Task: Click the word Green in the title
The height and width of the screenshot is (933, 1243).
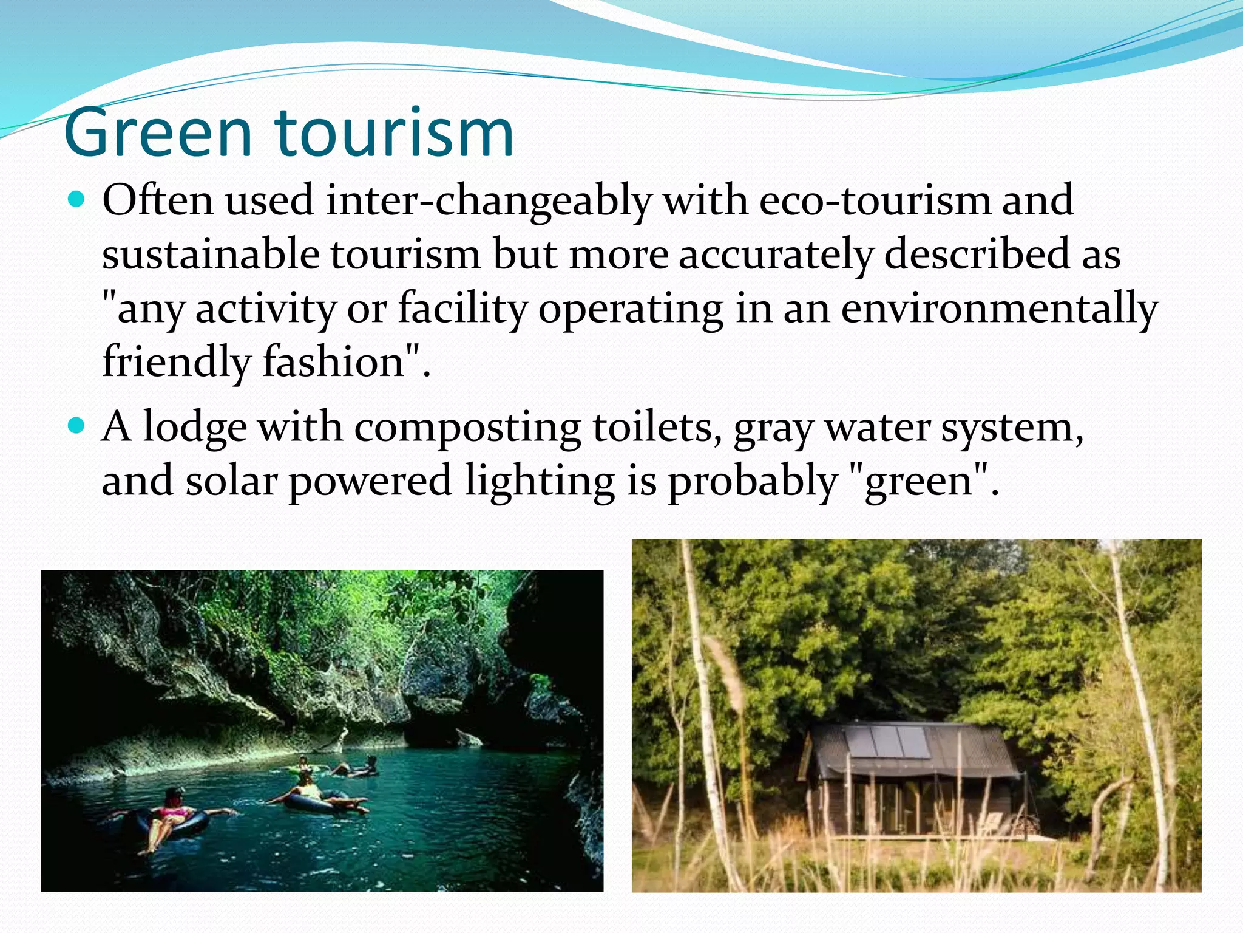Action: pos(158,132)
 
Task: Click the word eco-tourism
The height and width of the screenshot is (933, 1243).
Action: pos(874,200)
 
